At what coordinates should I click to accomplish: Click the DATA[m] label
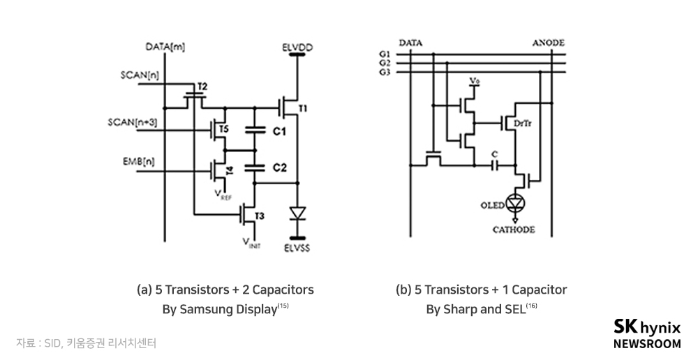[165, 47]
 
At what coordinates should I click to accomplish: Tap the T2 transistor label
[202, 87]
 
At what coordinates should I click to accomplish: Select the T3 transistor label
[259, 216]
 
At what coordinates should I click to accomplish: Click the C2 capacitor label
[278, 167]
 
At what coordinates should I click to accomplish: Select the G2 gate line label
[383, 63]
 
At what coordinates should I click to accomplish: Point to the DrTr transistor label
[521, 123]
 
